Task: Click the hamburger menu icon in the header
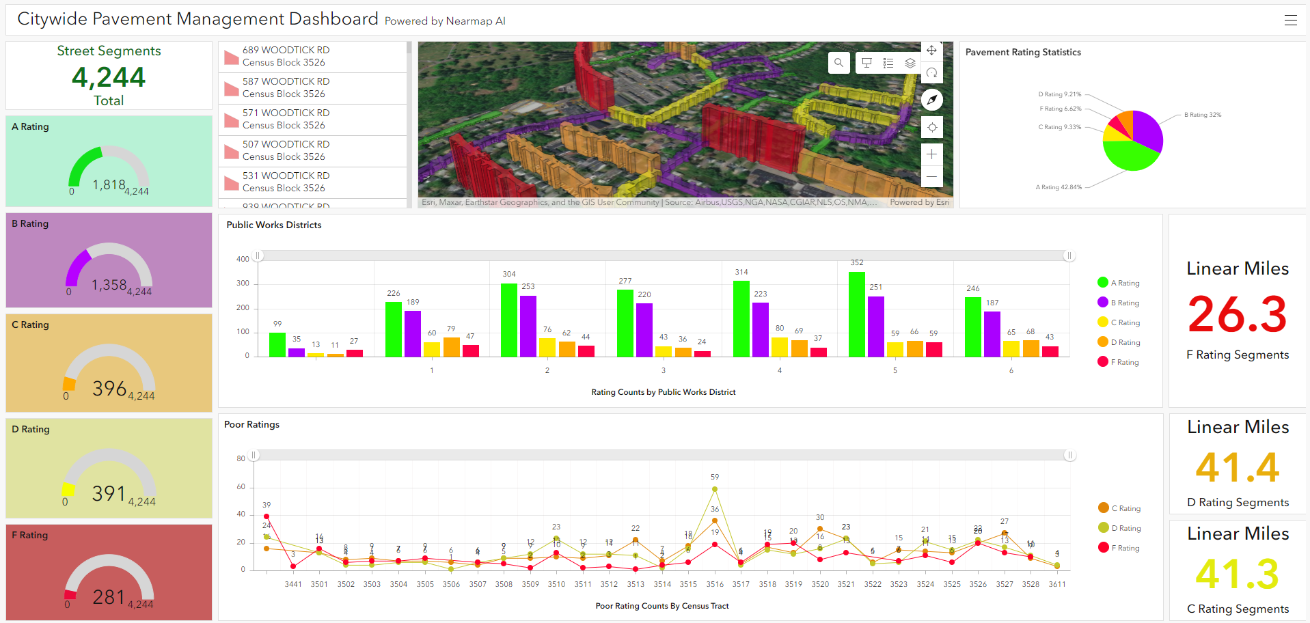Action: tap(1290, 20)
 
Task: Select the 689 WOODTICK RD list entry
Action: tap(286, 56)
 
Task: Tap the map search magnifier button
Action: tap(838, 63)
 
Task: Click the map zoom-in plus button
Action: tap(931, 154)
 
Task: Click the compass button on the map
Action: tap(931, 100)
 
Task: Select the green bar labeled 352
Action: tap(857, 314)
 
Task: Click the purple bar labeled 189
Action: tap(413, 333)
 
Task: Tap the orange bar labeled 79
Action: tap(451, 347)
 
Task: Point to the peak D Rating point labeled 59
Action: tap(715, 489)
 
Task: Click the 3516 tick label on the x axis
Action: tap(715, 584)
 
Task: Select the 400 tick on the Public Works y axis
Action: tap(243, 259)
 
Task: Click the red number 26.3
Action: tap(1237, 314)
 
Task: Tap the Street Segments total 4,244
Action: tap(109, 77)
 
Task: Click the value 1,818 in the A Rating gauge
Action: tap(109, 184)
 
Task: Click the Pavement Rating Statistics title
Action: tap(1023, 52)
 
